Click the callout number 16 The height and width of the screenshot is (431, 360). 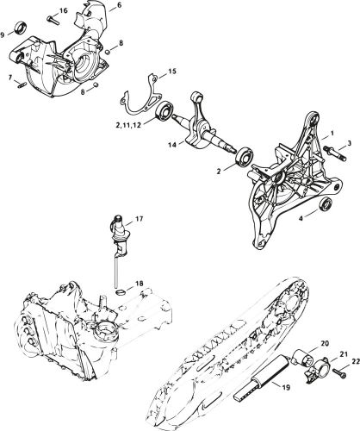tap(63, 10)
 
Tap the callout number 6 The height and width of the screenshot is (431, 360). tap(119, 6)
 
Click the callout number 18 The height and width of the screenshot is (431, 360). tap(139, 282)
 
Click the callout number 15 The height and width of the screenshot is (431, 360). tap(172, 70)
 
